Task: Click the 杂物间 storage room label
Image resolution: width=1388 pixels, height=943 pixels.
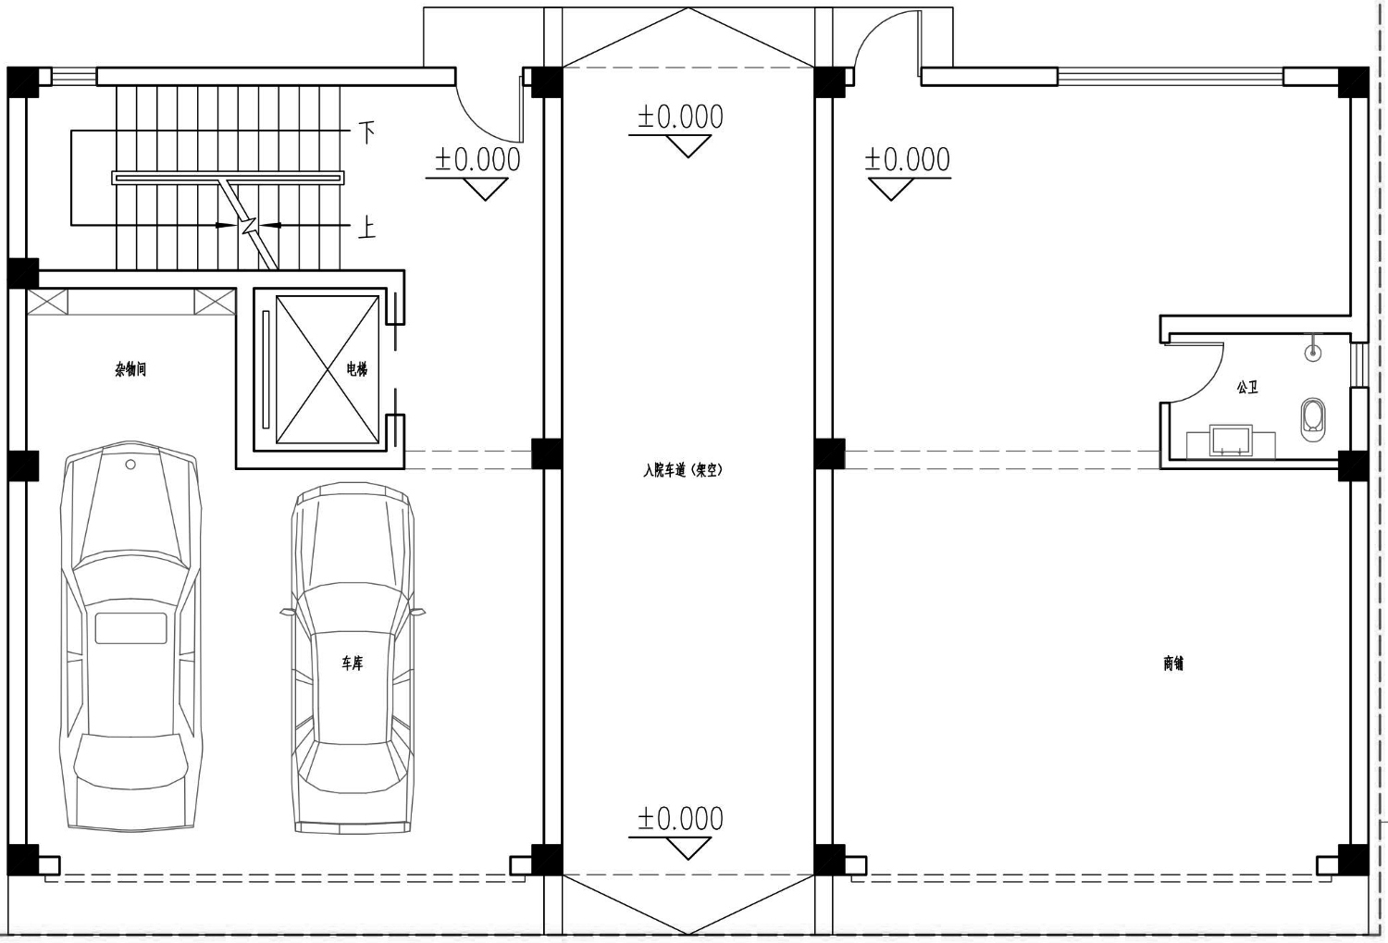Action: coord(130,370)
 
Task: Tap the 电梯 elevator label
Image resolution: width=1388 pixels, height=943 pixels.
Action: coord(356,369)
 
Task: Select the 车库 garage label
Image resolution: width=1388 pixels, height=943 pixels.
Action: coord(352,664)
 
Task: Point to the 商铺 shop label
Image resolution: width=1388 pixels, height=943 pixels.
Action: coord(1173,664)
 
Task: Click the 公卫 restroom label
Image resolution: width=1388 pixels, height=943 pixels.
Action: coord(1247,388)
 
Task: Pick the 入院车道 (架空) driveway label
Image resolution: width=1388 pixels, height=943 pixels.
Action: coord(683,470)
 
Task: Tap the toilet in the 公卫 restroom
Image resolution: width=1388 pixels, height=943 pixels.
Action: coord(1312,419)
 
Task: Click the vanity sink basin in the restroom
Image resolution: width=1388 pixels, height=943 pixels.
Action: coord(1231,440)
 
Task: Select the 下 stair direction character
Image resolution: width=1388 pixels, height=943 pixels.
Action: coord(366,132)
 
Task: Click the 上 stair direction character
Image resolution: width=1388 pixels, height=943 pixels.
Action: coord(366,229)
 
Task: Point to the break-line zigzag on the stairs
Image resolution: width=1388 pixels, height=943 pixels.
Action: coord(249,226)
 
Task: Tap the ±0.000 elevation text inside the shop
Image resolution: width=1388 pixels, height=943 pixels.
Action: coord(908,160)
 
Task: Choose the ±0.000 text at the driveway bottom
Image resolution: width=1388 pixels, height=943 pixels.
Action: coord(680,819)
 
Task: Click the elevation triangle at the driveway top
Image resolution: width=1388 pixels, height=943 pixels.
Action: coord(688,146)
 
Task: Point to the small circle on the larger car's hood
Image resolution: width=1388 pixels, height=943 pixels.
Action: coord(130,464)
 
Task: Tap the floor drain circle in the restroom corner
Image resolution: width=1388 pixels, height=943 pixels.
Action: coord(1312,354)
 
